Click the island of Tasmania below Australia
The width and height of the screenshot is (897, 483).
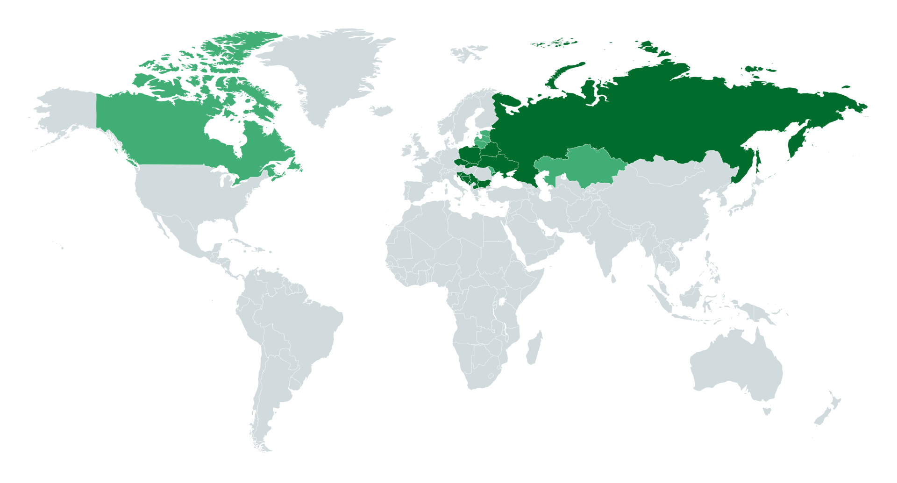coord(766,412)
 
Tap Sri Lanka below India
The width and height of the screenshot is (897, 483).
coord(613,279)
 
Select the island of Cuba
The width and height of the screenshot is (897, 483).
coord(243,243)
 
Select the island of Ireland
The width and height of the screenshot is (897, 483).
coord(407,151)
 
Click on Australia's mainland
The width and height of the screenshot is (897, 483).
coord(733,364)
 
